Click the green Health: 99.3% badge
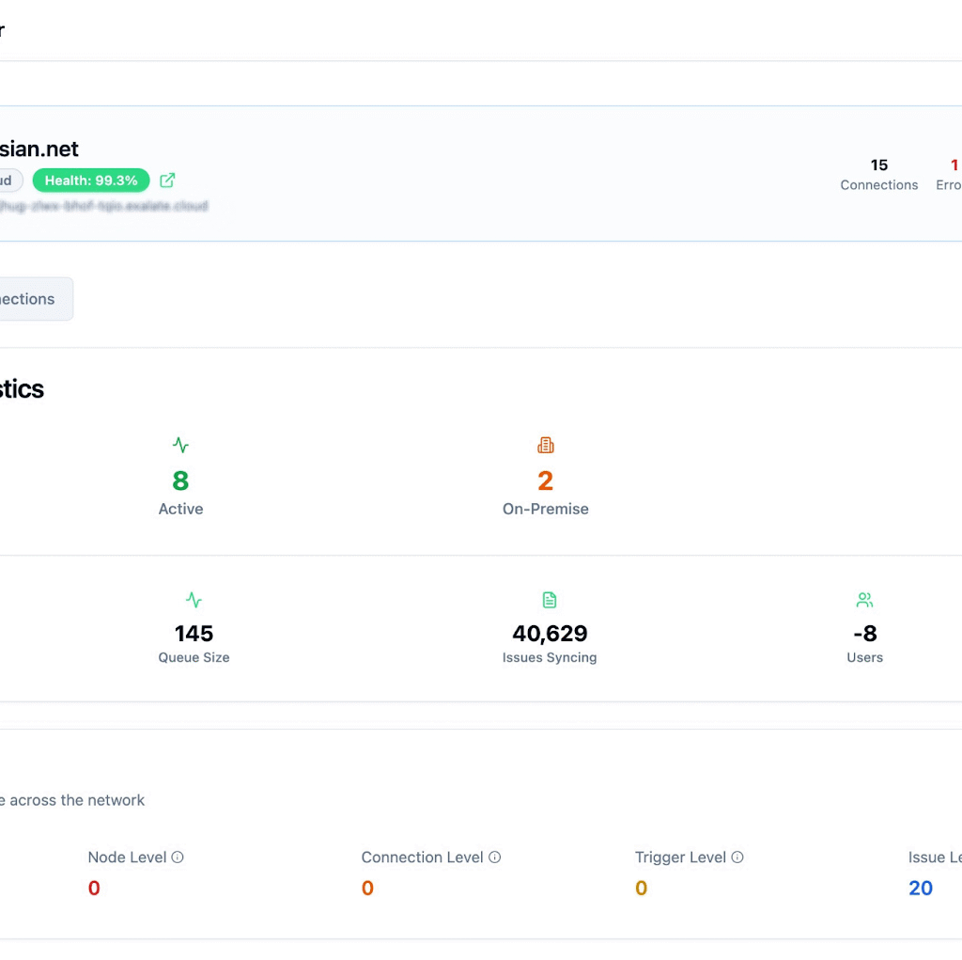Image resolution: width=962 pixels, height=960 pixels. pyautogui.click(x=91, y=181)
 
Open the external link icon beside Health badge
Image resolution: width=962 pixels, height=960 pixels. pyautogui.click(x=167, y=181)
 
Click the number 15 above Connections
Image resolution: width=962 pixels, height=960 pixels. pyautogui.click(x=879, y=165)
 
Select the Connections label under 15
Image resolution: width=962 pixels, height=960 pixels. pyautogui.click(x=879, y=185)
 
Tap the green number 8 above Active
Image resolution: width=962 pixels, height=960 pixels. pyautogui.click(x=180, y=481)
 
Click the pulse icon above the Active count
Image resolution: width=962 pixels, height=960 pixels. pyautogui.click(x=180, y=445)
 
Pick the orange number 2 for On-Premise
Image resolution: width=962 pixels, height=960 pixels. pyautogui.click(x=545, y=481)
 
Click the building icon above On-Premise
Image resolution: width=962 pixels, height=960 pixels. pyautogui.click(x=545, y=445)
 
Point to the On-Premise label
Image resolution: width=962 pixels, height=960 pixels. pyautogui.click(x=545, y=509)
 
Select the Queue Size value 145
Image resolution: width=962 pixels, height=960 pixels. pyautogui.click(x=194, y=634)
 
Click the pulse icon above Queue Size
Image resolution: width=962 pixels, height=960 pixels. pyautogui.click(x=194, y=600)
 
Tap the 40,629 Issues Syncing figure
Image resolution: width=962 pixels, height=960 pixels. pyautogui.click(x=550, y=634)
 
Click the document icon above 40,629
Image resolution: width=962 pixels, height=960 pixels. pyautogui.click(x=550, y=600)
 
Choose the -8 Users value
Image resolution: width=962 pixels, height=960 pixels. pyautogui.click(x=864, y=634)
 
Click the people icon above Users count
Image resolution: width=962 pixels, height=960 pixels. pyautogui.click(x=864, y=600)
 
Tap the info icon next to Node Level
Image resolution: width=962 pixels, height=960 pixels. pyautogui.click(x=178, y=858)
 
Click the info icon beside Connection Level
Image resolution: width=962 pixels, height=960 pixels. pyautogui.click(x=495, y=858)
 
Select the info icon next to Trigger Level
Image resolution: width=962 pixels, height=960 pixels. pyautogui.click(x=737, y=858)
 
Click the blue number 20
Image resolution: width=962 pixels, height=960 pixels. pyautogui.click(x=921, y=889)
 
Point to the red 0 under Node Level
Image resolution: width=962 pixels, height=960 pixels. pyautogui.click(x=94, y=889)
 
